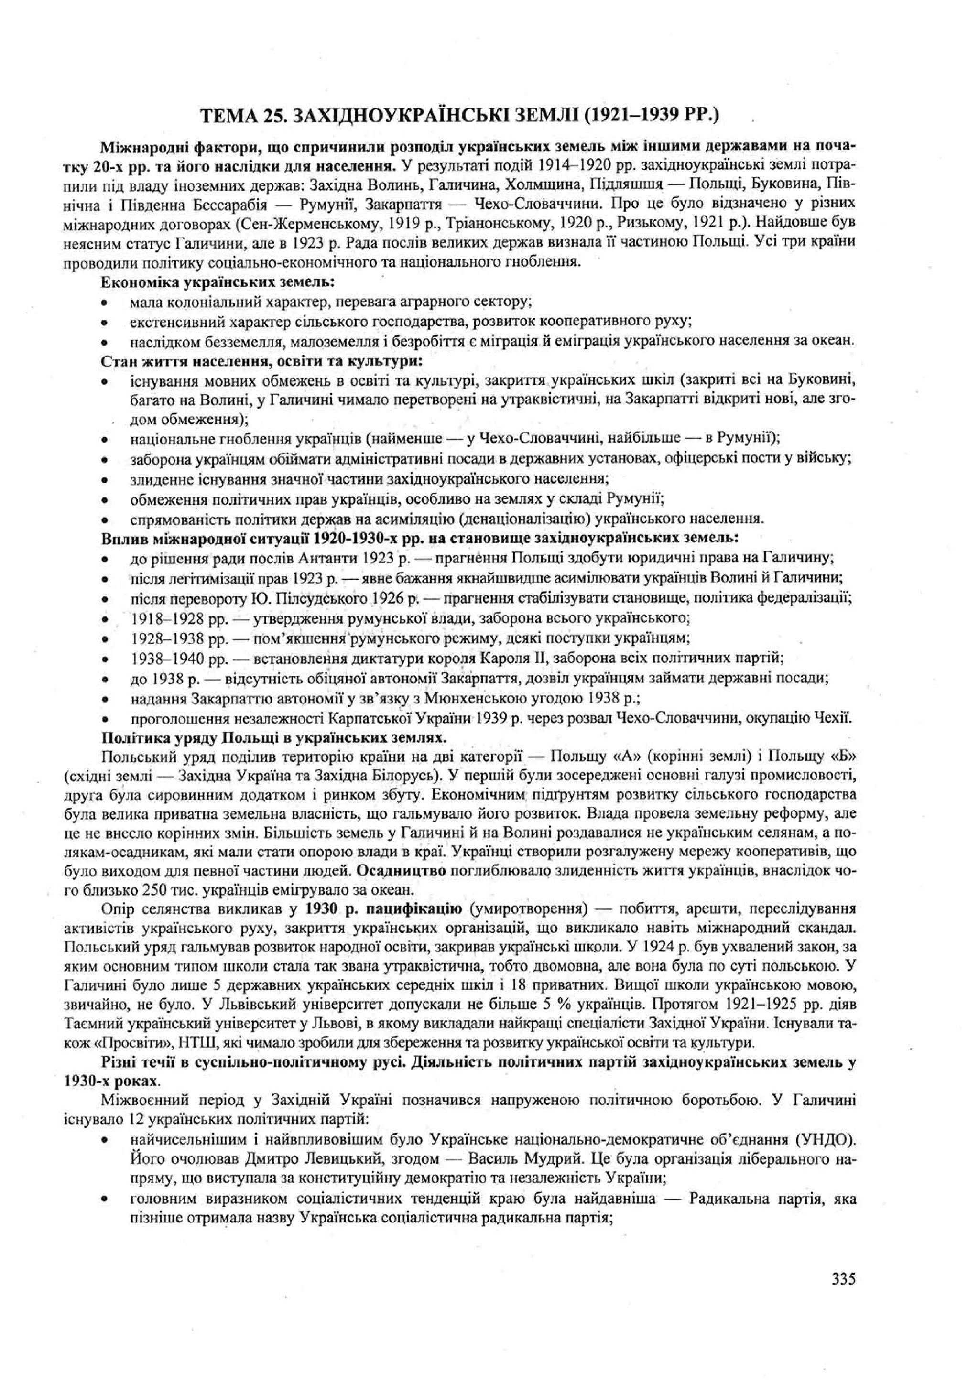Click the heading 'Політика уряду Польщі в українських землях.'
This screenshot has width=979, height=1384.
(274, 737)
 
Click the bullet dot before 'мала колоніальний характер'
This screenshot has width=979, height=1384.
(105, 302)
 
